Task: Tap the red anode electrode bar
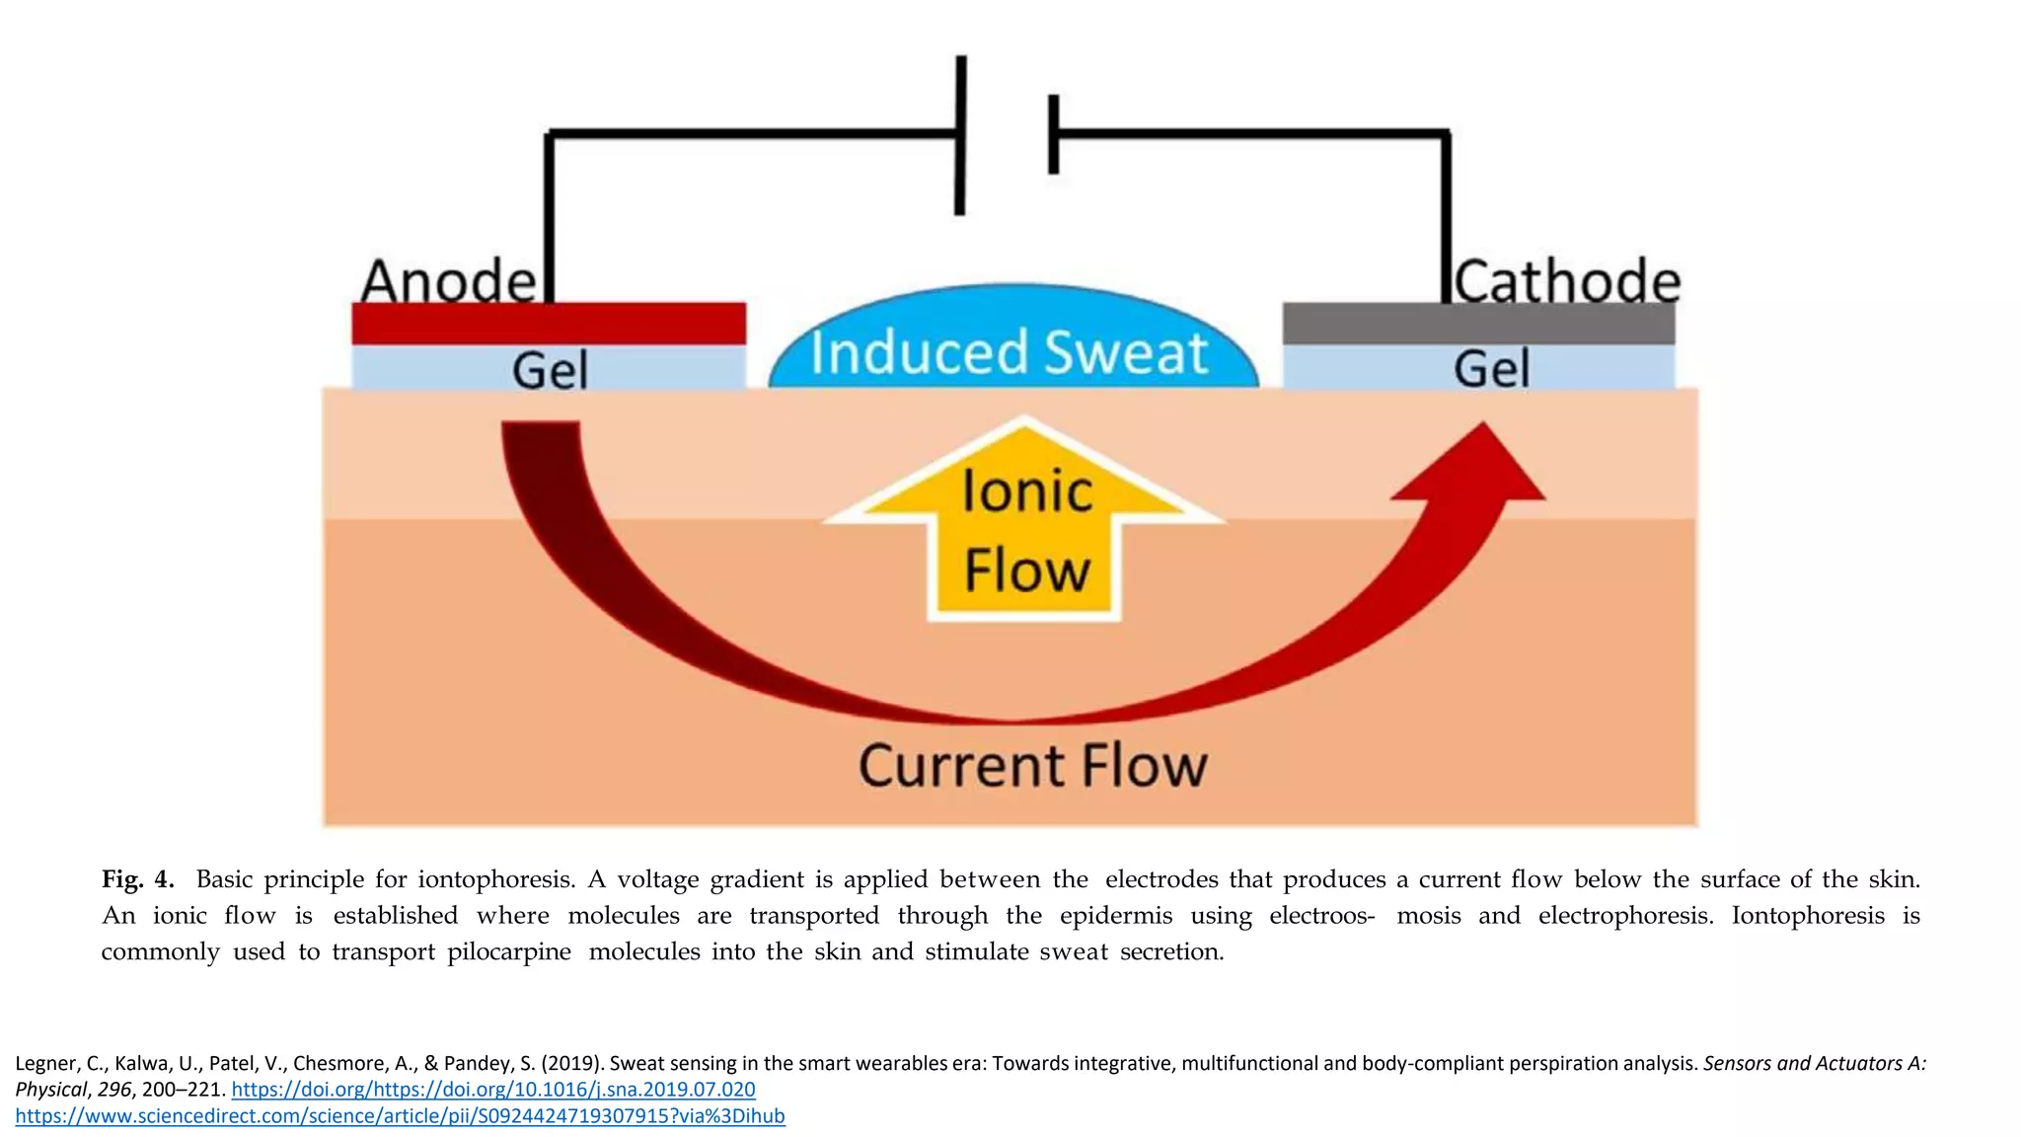pos(549,324)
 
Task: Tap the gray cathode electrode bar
pos(1478,324)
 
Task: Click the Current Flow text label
pos(1032,766)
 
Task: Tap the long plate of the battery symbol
pos(960,135)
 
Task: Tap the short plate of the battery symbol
pos(1054,135)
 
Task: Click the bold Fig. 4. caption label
pos(138,879)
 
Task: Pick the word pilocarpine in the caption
pos(508,951)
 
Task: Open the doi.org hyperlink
pos(493,1090)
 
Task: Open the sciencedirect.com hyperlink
pos(400,1116)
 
